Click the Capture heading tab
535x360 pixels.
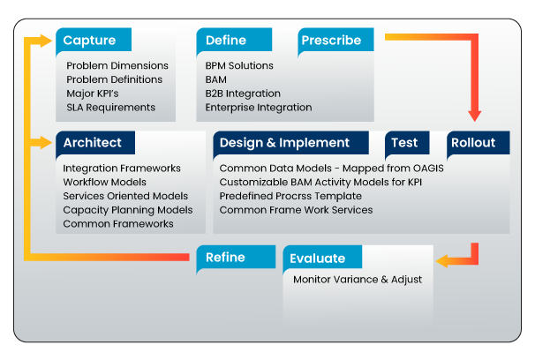[94, 41]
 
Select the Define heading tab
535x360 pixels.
[234, 41]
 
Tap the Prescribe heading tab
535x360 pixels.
[335, 41]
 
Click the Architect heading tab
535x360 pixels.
[95, 143]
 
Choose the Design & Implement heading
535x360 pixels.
[290, 143]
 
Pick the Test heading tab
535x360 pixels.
[407, 143]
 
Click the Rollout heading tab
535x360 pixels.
[478, 143]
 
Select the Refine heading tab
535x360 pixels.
[236, 257]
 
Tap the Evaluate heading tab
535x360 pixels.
[322, 258]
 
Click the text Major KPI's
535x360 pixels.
[93, 94]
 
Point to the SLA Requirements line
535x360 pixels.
[111, 108]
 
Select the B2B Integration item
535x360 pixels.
[243, 94]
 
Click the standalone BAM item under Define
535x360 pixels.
[216, 79]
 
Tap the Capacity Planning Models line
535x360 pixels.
[128, 210]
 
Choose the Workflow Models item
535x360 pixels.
[105, 182]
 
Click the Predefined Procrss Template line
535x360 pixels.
[290, 196]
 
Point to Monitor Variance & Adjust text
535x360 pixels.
[358, 280]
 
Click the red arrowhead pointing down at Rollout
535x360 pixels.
[475, 116]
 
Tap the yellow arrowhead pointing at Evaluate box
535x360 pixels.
[441, 261]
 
